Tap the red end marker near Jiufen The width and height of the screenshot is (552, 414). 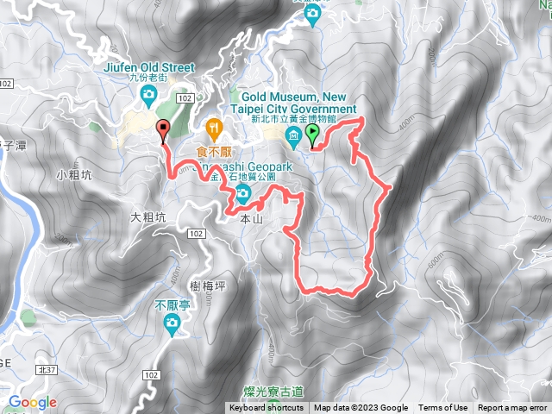[x=163, y=130]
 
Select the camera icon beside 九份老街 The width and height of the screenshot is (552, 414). [x=149, y=93]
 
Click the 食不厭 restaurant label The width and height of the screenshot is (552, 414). [x=211, y=150]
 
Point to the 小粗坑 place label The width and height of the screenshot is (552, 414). [x=72, y=173]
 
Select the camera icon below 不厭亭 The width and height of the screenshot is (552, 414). [x=172, y=324]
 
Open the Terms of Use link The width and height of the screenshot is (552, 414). [x=442, y=408]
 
